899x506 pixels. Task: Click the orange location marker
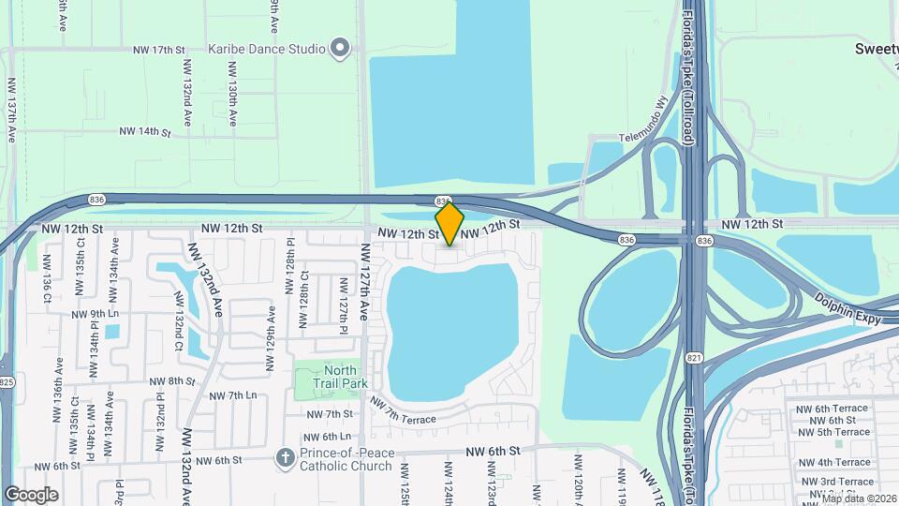point(449,224)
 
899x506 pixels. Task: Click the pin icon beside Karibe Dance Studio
point(340,48)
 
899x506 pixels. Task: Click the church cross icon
point(285,456)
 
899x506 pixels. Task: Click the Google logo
point(31,494)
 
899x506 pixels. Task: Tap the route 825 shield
point(7,381)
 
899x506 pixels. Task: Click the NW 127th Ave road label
point(364,290)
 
